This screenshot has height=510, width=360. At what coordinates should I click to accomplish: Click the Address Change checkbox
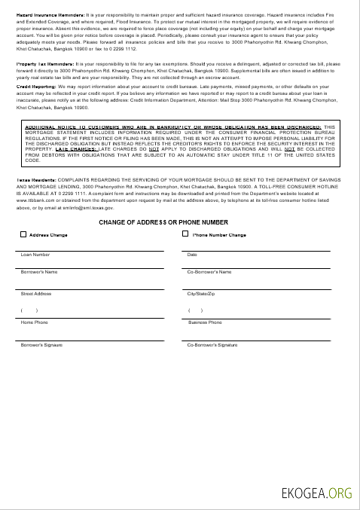(x=23, y=235)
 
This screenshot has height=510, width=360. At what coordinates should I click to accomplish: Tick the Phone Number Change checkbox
(x=186, y=234)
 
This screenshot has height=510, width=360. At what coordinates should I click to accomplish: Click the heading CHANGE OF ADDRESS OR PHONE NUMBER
(x=163, y=223)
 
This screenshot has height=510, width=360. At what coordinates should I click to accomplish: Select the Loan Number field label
(x=35, y=255)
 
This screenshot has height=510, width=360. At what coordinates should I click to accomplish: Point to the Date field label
(x=192, y=255)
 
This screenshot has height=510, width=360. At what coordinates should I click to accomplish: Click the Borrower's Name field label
(x=39, y=271)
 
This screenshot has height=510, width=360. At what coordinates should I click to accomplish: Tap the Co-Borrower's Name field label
(x=209, y=271)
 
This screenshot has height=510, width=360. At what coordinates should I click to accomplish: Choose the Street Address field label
(x=36, y=293)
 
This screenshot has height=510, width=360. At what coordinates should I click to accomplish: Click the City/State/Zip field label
(x=201, y=293)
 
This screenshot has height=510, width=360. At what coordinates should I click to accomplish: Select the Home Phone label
(x=35, y=322)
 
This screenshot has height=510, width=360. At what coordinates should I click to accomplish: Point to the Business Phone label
(x=204, y=322)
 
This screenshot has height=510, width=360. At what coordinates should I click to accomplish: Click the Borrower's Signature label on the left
(x=41, y=344)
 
